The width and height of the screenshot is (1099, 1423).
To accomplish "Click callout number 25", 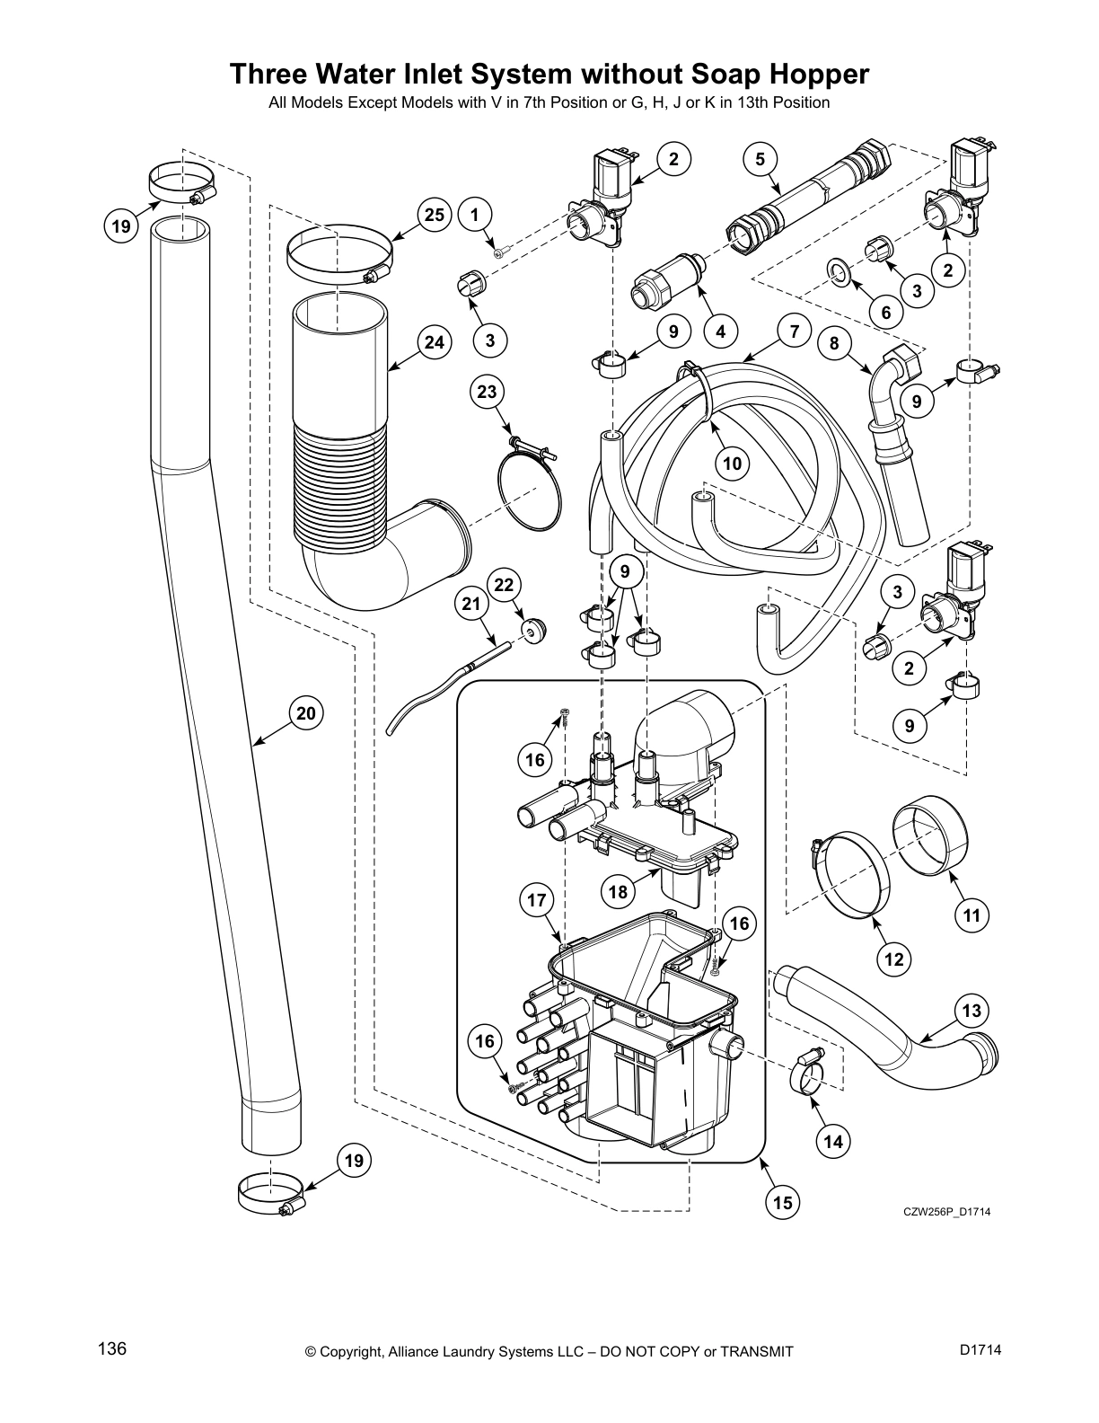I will [x=435, y=215].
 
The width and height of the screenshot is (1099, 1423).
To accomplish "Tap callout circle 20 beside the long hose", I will [x=306, y=713].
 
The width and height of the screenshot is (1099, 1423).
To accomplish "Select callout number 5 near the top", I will [x=761, y=160].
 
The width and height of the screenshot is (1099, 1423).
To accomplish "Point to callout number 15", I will [x=783, y=1202].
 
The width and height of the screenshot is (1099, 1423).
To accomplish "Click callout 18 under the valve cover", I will [x=618, y=892].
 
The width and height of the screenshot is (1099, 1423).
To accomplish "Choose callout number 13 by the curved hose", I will [x=972, y=1011].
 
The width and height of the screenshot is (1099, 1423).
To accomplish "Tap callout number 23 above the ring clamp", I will [x=487, y=392].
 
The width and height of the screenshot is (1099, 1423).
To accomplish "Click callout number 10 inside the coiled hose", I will [x=733, y=464].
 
